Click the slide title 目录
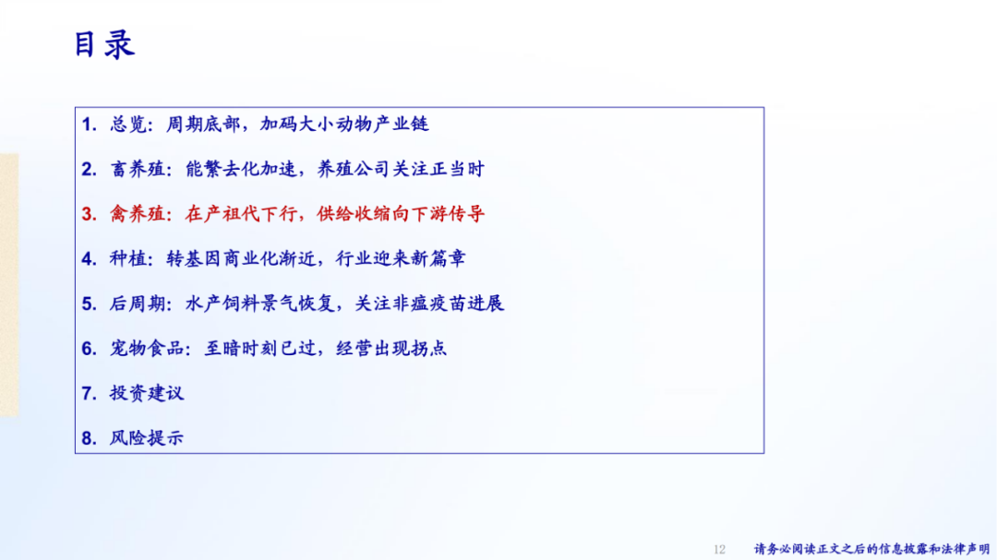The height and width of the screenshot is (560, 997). click(104, 45)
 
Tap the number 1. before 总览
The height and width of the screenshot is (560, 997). click(89, 125)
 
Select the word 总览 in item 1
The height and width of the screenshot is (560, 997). click(128, 124)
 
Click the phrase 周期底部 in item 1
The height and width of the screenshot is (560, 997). click(203, 124)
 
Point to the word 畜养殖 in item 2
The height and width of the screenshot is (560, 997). click(138, 169)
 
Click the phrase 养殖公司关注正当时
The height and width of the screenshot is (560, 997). click(401, 169)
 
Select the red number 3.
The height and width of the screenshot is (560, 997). click(89, 214)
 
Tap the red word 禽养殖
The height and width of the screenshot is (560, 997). click(138, 214)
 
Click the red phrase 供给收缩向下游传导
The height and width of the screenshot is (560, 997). click(401, 214)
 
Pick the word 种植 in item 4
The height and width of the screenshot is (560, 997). click(128, 258)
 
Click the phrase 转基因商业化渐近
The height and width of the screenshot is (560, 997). click(241, 258)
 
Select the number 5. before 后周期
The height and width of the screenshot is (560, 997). click(89, 304)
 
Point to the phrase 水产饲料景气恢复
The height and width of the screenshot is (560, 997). click(260, 304)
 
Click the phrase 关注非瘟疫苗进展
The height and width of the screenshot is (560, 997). click(429, 304)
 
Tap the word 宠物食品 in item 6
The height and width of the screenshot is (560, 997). click(147, 349)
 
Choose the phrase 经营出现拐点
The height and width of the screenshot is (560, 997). click(391, 349)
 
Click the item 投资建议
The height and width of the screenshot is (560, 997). click(147, 393)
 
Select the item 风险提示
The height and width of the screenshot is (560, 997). click(147, 438)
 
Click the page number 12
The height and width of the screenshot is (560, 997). click(719, 549)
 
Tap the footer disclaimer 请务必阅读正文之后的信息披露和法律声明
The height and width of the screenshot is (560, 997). click(871, 549)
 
